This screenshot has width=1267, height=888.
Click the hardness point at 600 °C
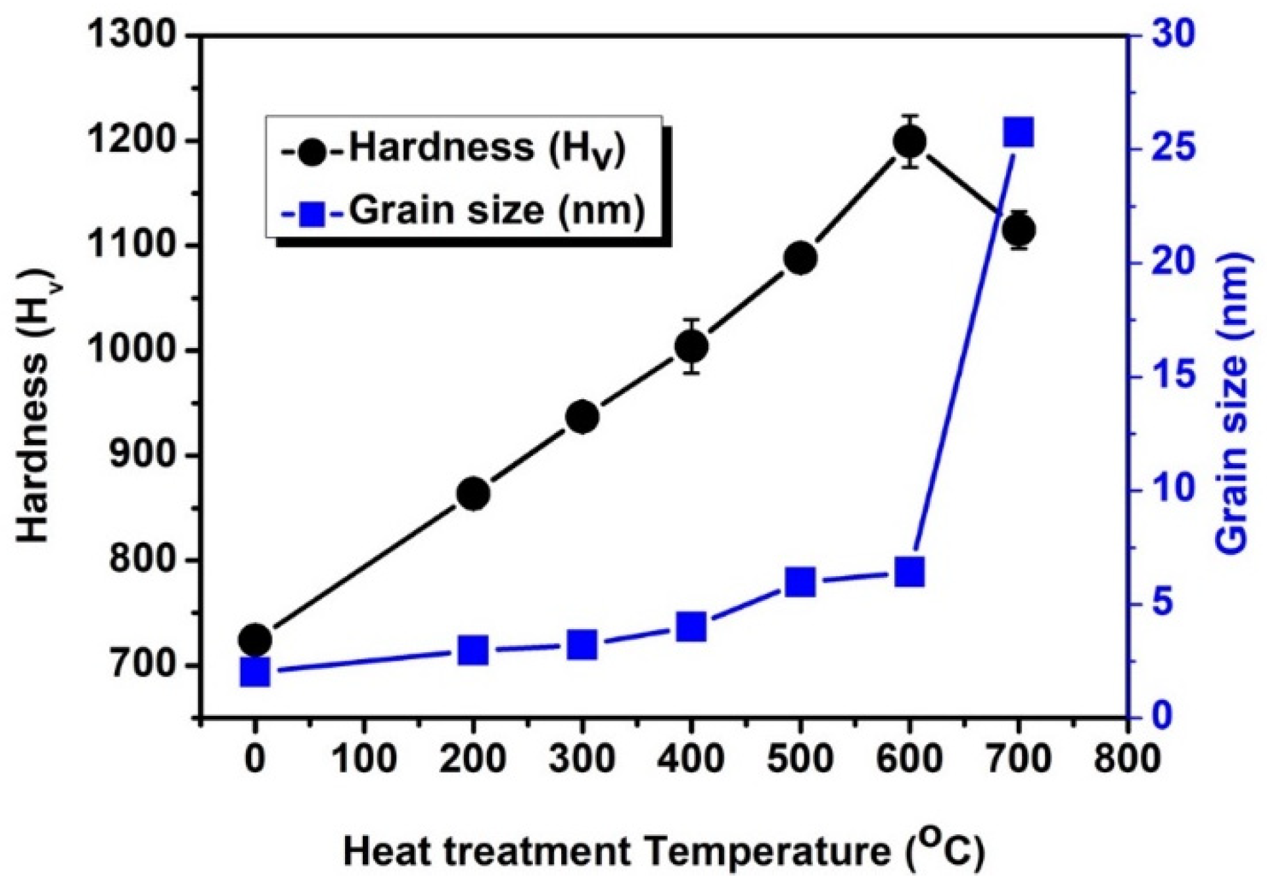pyautogui.click(x=910, y=141)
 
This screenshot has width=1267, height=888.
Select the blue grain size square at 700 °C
pyautogui.click(x=1019, y=132)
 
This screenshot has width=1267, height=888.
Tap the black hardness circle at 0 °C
pyautogui.click(x=255, y=639)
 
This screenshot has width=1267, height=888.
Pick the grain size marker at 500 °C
pyautogui.click(x=800, y=582)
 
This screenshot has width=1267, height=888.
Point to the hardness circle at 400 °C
pyautogui.click(x=691, y=346)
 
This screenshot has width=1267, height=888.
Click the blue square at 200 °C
pyautogui.click(x=473, y=650)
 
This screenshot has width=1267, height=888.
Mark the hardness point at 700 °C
pyautogui.click(x=1019, y=230)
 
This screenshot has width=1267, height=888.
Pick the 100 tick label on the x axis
pyautogui.click(x=363, y=759)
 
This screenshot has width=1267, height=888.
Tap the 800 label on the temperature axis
pyautogui.click(x=1127, y=759)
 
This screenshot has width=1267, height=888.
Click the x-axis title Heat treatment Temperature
pyautogui.click(x=664, y=852)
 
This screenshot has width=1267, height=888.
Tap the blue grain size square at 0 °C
pyautogui.click(x=255, y=672)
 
